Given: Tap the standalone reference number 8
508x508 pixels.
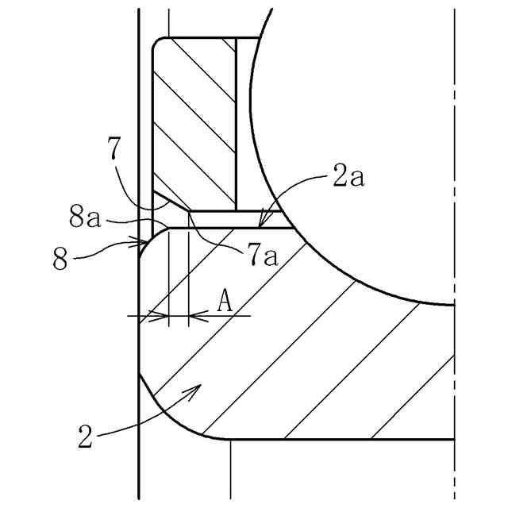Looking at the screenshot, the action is (61, 259).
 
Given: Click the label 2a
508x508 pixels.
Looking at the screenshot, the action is (348, 178).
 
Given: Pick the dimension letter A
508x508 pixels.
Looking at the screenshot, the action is (225, 301).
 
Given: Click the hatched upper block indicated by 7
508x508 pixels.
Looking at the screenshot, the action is (194, 119).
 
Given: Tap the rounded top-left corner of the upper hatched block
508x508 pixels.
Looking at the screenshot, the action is (158, 43).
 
